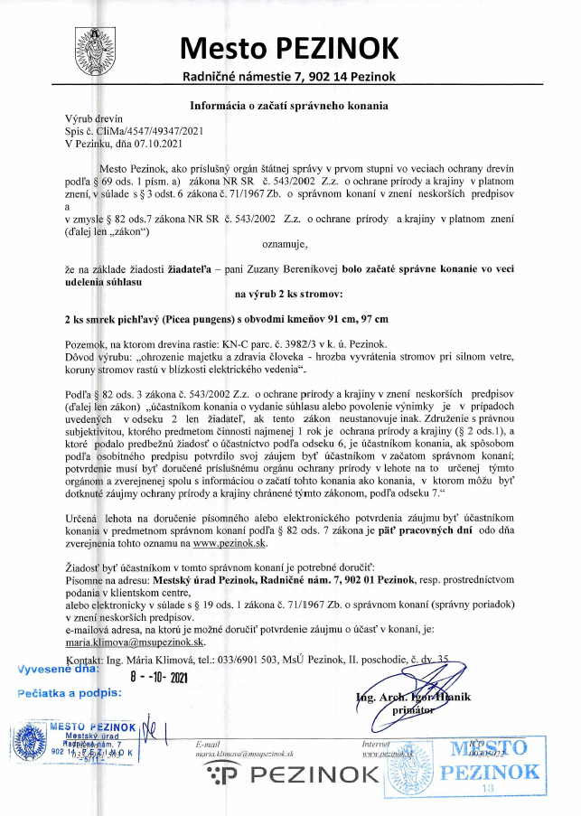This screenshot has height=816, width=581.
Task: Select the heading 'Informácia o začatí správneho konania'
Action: [x=289, y=105]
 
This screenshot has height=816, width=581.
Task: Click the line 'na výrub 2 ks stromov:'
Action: [x=288, y=294]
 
